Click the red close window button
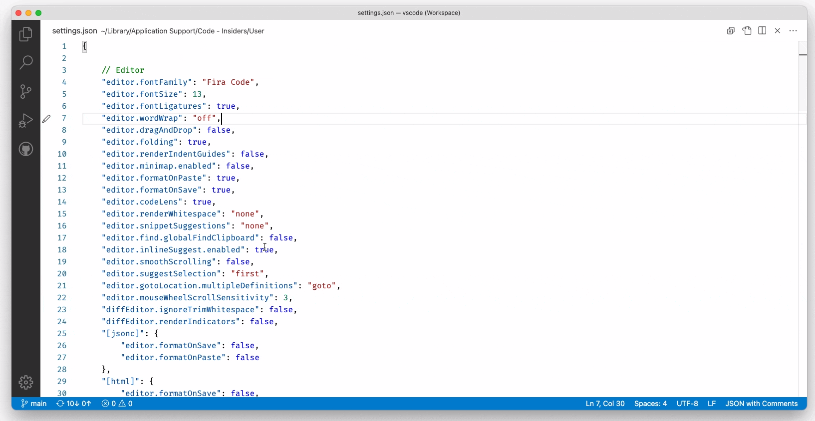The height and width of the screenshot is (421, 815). [x=18, y=13]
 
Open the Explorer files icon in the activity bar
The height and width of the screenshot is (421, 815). [x=26, y=34]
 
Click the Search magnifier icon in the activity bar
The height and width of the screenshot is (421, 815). [x=26, y=62]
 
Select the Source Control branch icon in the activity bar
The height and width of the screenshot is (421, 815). [x=26, y=91]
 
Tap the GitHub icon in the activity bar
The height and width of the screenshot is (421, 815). [x=26, y=149]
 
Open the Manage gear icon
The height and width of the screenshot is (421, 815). [x=26, y=382]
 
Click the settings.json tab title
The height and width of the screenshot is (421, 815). [x=75, y=31]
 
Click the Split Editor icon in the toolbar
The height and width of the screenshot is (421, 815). [x=762, y=31]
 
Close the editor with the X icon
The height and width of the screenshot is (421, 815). [x=778, y=31]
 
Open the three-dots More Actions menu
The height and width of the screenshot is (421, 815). [x=793, y=31]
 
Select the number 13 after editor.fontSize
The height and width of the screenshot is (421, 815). [x=197, y=94]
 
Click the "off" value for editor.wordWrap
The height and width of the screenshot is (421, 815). [x=205, y=118]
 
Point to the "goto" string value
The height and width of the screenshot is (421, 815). [x=322, y=286]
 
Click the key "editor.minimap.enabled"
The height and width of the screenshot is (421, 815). [x=159, y=166]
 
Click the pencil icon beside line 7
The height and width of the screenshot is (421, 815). [x=46, y=119]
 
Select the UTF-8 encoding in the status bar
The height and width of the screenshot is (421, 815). [x=687, y=404]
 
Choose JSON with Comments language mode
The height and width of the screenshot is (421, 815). [x=761, y=404]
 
